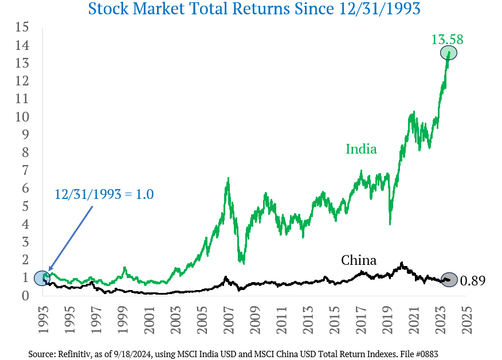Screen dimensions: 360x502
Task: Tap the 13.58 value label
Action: click(447, 40)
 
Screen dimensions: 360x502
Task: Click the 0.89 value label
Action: click(473, 281)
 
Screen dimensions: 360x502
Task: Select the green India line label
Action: click(361, 149)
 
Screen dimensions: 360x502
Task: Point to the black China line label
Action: click(359, 260)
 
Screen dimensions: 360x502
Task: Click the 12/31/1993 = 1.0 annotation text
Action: click(104, 194)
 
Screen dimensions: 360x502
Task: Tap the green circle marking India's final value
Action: click(449, 53)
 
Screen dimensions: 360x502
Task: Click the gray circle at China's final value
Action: click(449, 280)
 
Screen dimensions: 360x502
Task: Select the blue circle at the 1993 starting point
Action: click(42, 278)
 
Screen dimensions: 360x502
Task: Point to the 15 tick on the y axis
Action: click(22, 27)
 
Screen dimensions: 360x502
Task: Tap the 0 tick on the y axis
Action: click(25, 296)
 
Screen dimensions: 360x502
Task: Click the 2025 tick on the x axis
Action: click(464, 319)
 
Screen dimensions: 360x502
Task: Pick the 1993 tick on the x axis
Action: click(42, 319)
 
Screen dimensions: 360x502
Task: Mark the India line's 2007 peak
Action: click(229, 179)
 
